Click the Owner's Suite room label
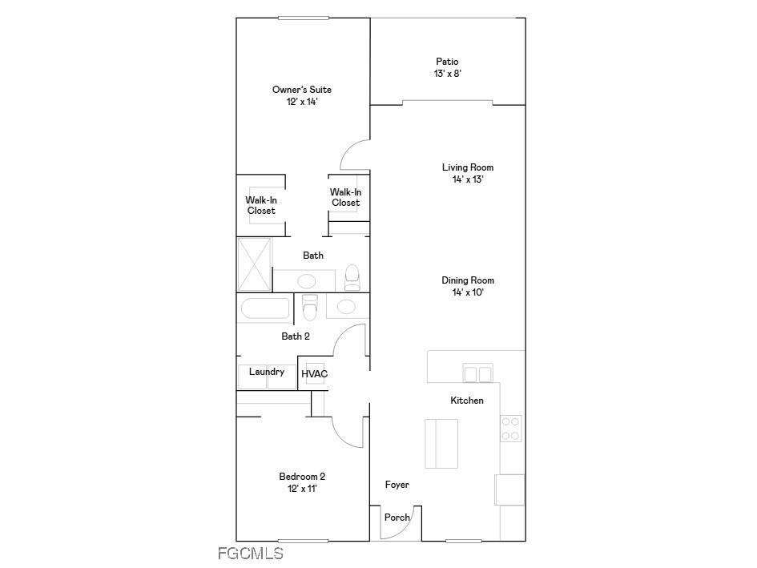(301, 90)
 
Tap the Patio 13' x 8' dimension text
(447, 74)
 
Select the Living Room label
(467, 167)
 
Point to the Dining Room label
(467, 280)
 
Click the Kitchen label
(466, 401)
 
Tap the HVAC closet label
(314, 374)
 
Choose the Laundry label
(267, 372)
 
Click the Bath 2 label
(295, 336)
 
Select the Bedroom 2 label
(301, 476)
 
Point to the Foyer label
(397, 485)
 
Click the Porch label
(397, 518)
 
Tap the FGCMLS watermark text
(250, 553)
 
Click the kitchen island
(441, 443)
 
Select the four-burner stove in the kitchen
(511, 429)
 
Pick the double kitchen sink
(478, 373)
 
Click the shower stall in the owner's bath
(255, 264)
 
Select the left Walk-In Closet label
(261, 205)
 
